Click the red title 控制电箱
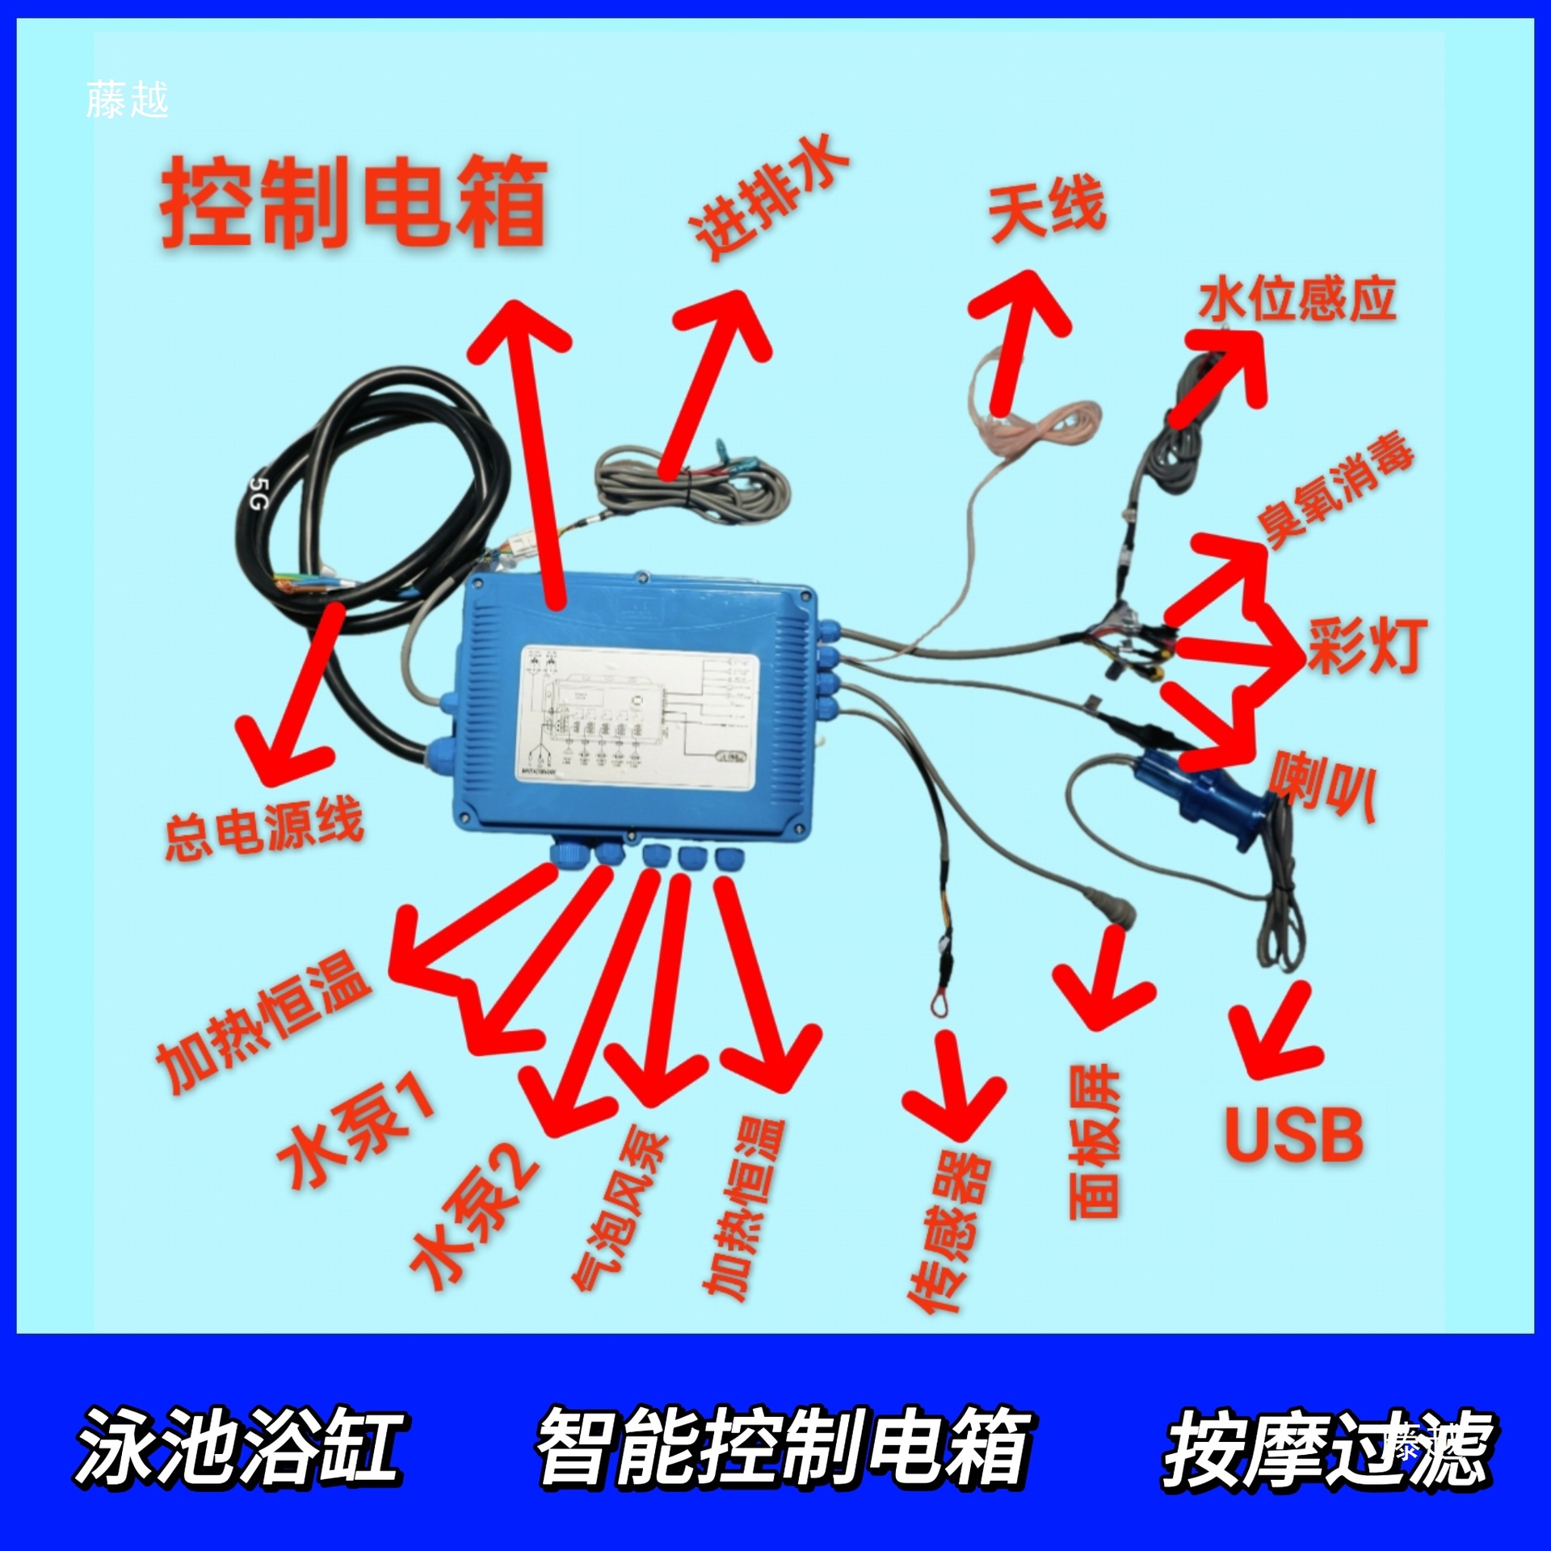pyautogui.click(x=354, y=202)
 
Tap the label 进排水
pyautogui.click(x=767, y=198)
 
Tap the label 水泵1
pyautogui.click(x=355, y=1131)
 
